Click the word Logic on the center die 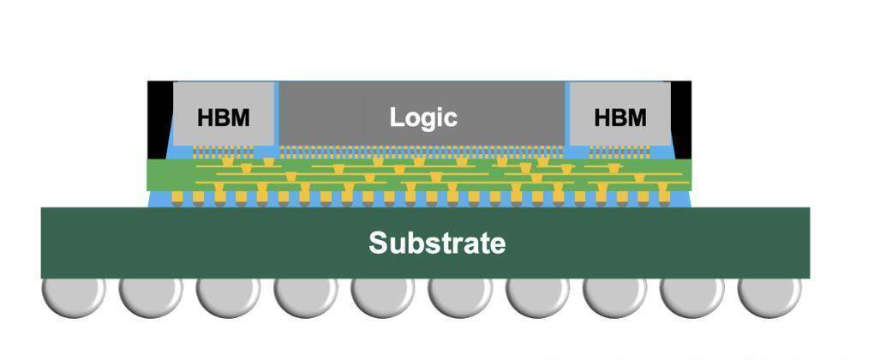pos(423,117)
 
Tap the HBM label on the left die pos(224,117)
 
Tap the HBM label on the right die pos(620,117)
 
